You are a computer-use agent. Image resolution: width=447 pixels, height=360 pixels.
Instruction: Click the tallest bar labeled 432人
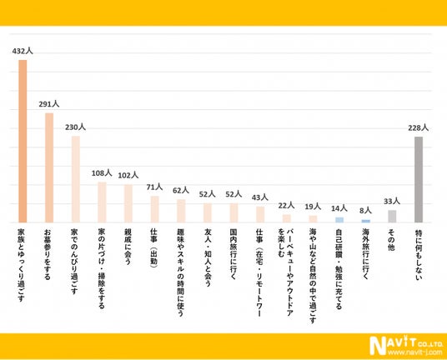(23, 141)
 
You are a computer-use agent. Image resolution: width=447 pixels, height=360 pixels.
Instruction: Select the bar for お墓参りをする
(49, 167)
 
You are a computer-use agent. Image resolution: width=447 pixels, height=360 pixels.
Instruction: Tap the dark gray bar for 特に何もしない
(419, 179)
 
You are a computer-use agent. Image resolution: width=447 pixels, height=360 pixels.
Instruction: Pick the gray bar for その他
(392, 216)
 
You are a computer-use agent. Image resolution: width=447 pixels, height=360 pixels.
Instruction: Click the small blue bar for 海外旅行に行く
(366, 221)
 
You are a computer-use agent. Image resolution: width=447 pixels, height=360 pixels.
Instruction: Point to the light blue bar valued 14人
(339, 220)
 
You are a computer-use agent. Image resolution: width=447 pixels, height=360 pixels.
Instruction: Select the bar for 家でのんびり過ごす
(76, 179)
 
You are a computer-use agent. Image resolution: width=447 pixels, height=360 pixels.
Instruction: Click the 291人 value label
(49, 104)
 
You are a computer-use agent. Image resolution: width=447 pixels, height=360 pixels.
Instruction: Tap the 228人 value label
(418, 127)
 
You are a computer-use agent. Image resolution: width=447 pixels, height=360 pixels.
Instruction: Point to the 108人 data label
(102, 172)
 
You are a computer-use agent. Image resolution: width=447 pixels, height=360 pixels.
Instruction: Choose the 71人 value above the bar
(154, 187)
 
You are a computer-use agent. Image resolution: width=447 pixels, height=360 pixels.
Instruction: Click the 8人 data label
(366, 211)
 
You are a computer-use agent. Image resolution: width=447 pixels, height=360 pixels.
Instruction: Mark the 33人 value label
(392, 202)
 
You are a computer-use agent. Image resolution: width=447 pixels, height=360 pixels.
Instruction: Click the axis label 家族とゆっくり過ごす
(22, 265)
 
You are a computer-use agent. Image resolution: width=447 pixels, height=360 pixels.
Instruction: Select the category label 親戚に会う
(128, 247)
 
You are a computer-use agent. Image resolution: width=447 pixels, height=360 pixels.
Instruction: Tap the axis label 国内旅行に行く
(234, 254)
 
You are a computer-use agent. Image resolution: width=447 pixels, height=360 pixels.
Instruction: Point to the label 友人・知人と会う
(208, 257)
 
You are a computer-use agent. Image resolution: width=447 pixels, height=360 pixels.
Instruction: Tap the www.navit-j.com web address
(415, 352)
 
